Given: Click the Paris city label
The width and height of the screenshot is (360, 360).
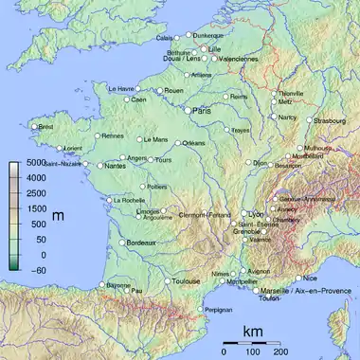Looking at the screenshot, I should click(x=202, y=111).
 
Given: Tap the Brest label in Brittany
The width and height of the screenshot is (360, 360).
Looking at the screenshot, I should click(x=45, y=127).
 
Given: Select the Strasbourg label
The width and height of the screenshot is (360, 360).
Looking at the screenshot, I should click(x=331, y=121).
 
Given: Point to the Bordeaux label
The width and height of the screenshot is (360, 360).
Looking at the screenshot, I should click(x=140, y=243).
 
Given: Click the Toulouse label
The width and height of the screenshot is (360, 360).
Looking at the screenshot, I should click(x=186, y=281).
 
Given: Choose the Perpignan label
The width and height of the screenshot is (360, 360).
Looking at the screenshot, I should click(x=219, y=310).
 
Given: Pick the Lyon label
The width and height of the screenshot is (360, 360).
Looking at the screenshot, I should click(x=255, y=214).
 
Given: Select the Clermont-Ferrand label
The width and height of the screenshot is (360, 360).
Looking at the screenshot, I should click(x=204, y=214).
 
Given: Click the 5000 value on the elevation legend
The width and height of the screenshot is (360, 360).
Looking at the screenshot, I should click(x=35, y=164).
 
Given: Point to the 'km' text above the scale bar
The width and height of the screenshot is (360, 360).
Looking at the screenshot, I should click(x=252, y=332).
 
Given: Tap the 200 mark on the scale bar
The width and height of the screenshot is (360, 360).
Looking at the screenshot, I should click(x=280, y=351).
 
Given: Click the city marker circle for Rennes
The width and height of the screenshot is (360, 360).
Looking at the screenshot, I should click(x=98, y=135).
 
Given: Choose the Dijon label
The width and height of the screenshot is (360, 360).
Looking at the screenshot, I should click(x=260, y=163).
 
